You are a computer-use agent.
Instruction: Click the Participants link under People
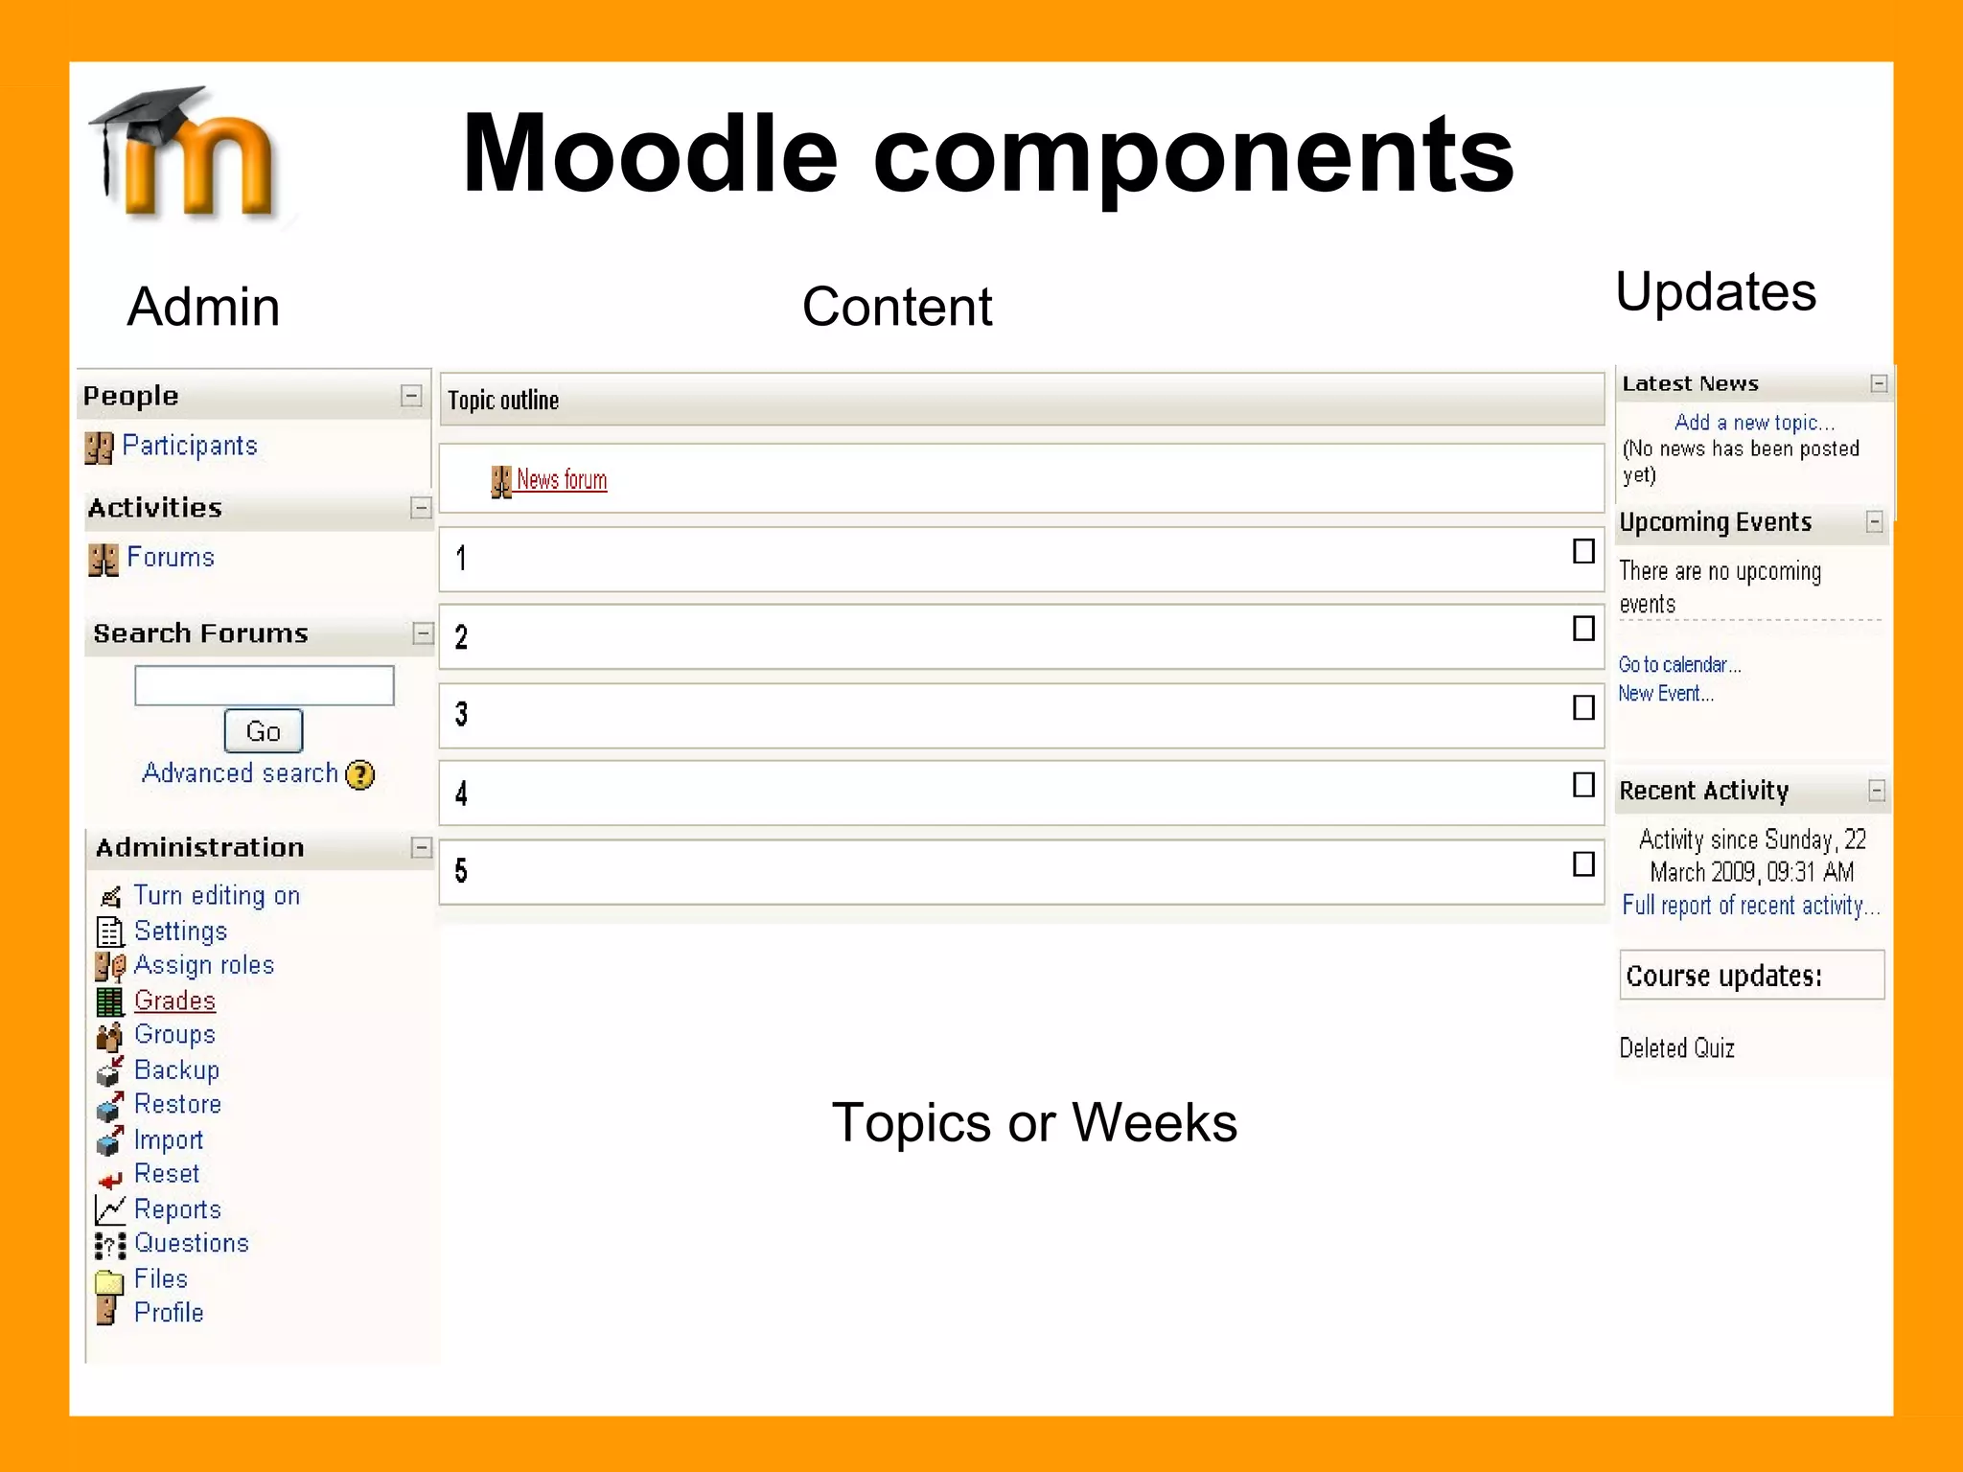pos(189,446)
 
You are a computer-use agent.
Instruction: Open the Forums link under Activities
pos(170,558)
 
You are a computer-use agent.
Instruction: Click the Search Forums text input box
pos(264,686)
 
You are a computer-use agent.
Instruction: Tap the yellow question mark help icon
pos(360,774)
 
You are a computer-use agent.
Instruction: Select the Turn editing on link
pos(216,895)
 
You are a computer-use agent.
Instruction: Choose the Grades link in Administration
pos(174,1000)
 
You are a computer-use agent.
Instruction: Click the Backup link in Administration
pos(176,1069)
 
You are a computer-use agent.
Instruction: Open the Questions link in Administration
pos(191,1243)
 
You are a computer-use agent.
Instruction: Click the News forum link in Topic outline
pos(561,479)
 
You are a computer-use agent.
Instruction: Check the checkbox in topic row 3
pos(1583,708)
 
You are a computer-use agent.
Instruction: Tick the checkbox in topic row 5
pos(1583,864)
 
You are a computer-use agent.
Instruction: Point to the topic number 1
pos(461,559)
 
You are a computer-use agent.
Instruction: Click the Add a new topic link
pos(1754,423)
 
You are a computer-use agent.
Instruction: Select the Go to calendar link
pos(1679,664)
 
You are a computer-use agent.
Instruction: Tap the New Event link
pos(1666,694)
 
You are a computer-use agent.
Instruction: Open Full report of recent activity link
pos(1750,906)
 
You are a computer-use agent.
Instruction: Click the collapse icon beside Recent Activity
pos(1877,791)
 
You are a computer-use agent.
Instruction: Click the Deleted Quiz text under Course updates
pos(1676,1048)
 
